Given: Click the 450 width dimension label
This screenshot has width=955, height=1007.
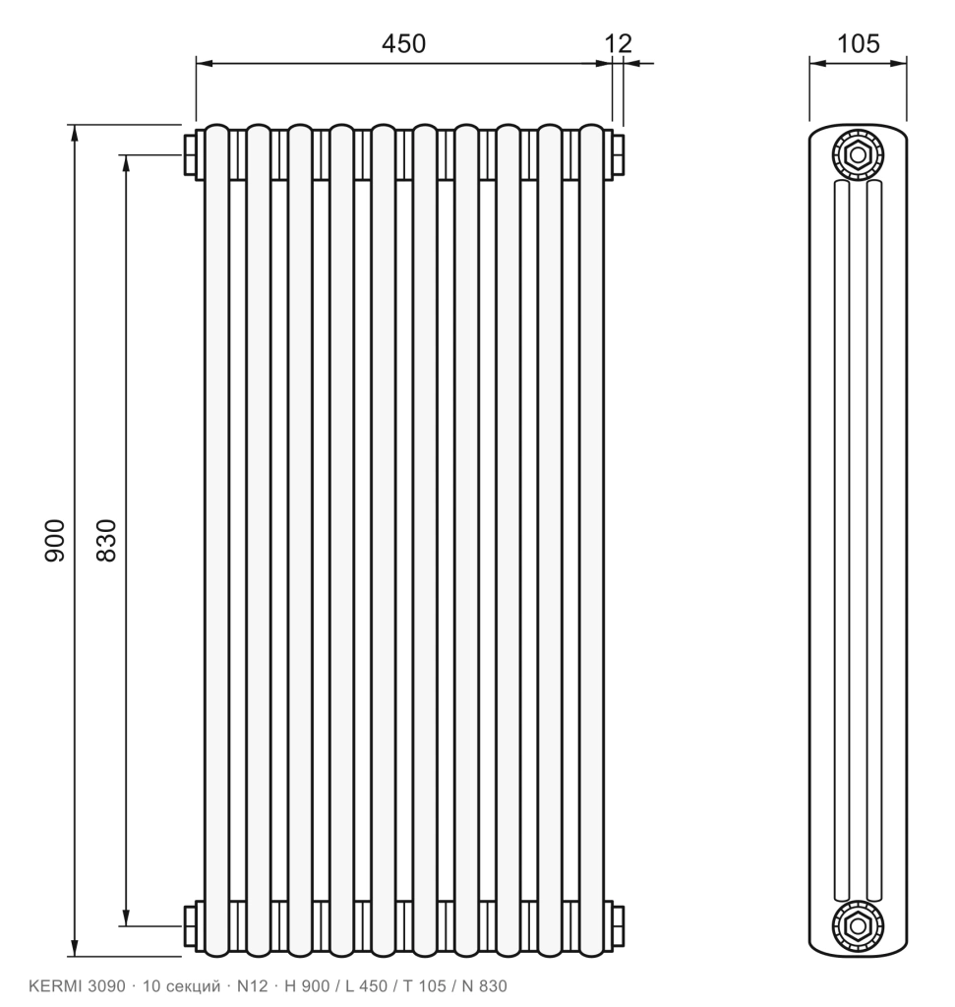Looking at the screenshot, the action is [403, 43].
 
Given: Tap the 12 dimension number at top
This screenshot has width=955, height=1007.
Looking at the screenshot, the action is [619, 43].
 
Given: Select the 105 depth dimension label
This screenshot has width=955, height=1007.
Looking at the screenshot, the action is [858, 43].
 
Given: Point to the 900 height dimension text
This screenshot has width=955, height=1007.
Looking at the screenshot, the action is [55, 541].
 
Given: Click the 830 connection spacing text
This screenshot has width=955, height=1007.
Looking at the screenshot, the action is [106, 541].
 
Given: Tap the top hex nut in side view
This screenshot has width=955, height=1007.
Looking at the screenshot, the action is [858, 154].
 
